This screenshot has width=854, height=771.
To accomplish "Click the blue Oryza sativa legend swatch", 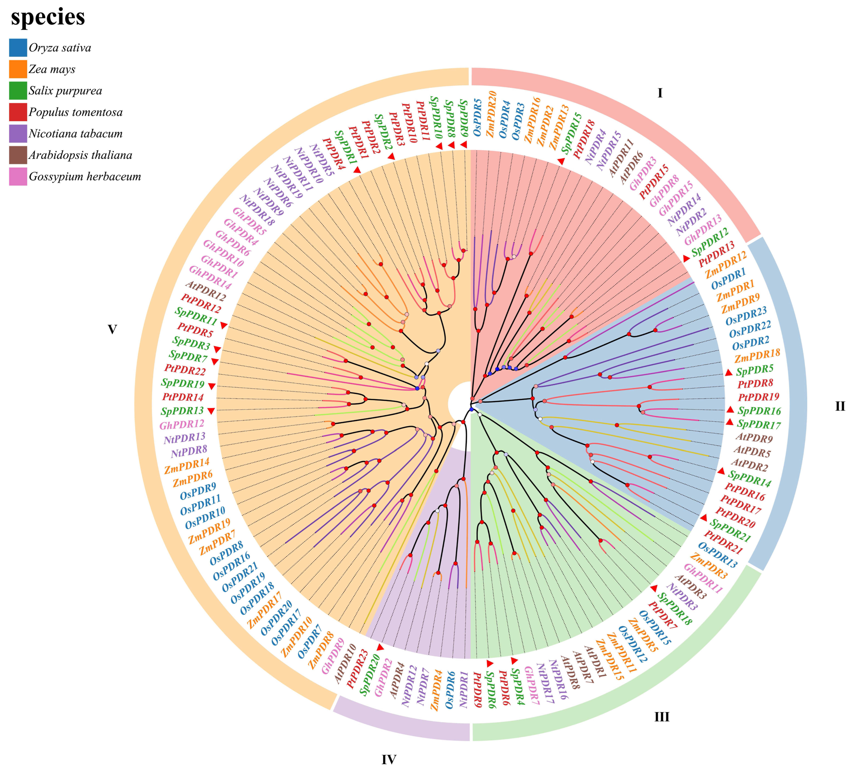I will tap(18, 47).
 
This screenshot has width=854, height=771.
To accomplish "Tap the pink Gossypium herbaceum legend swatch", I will tap(18, 176).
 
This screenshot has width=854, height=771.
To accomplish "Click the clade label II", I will tap(840, 407).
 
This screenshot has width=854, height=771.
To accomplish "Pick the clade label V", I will tap(112, 329).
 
